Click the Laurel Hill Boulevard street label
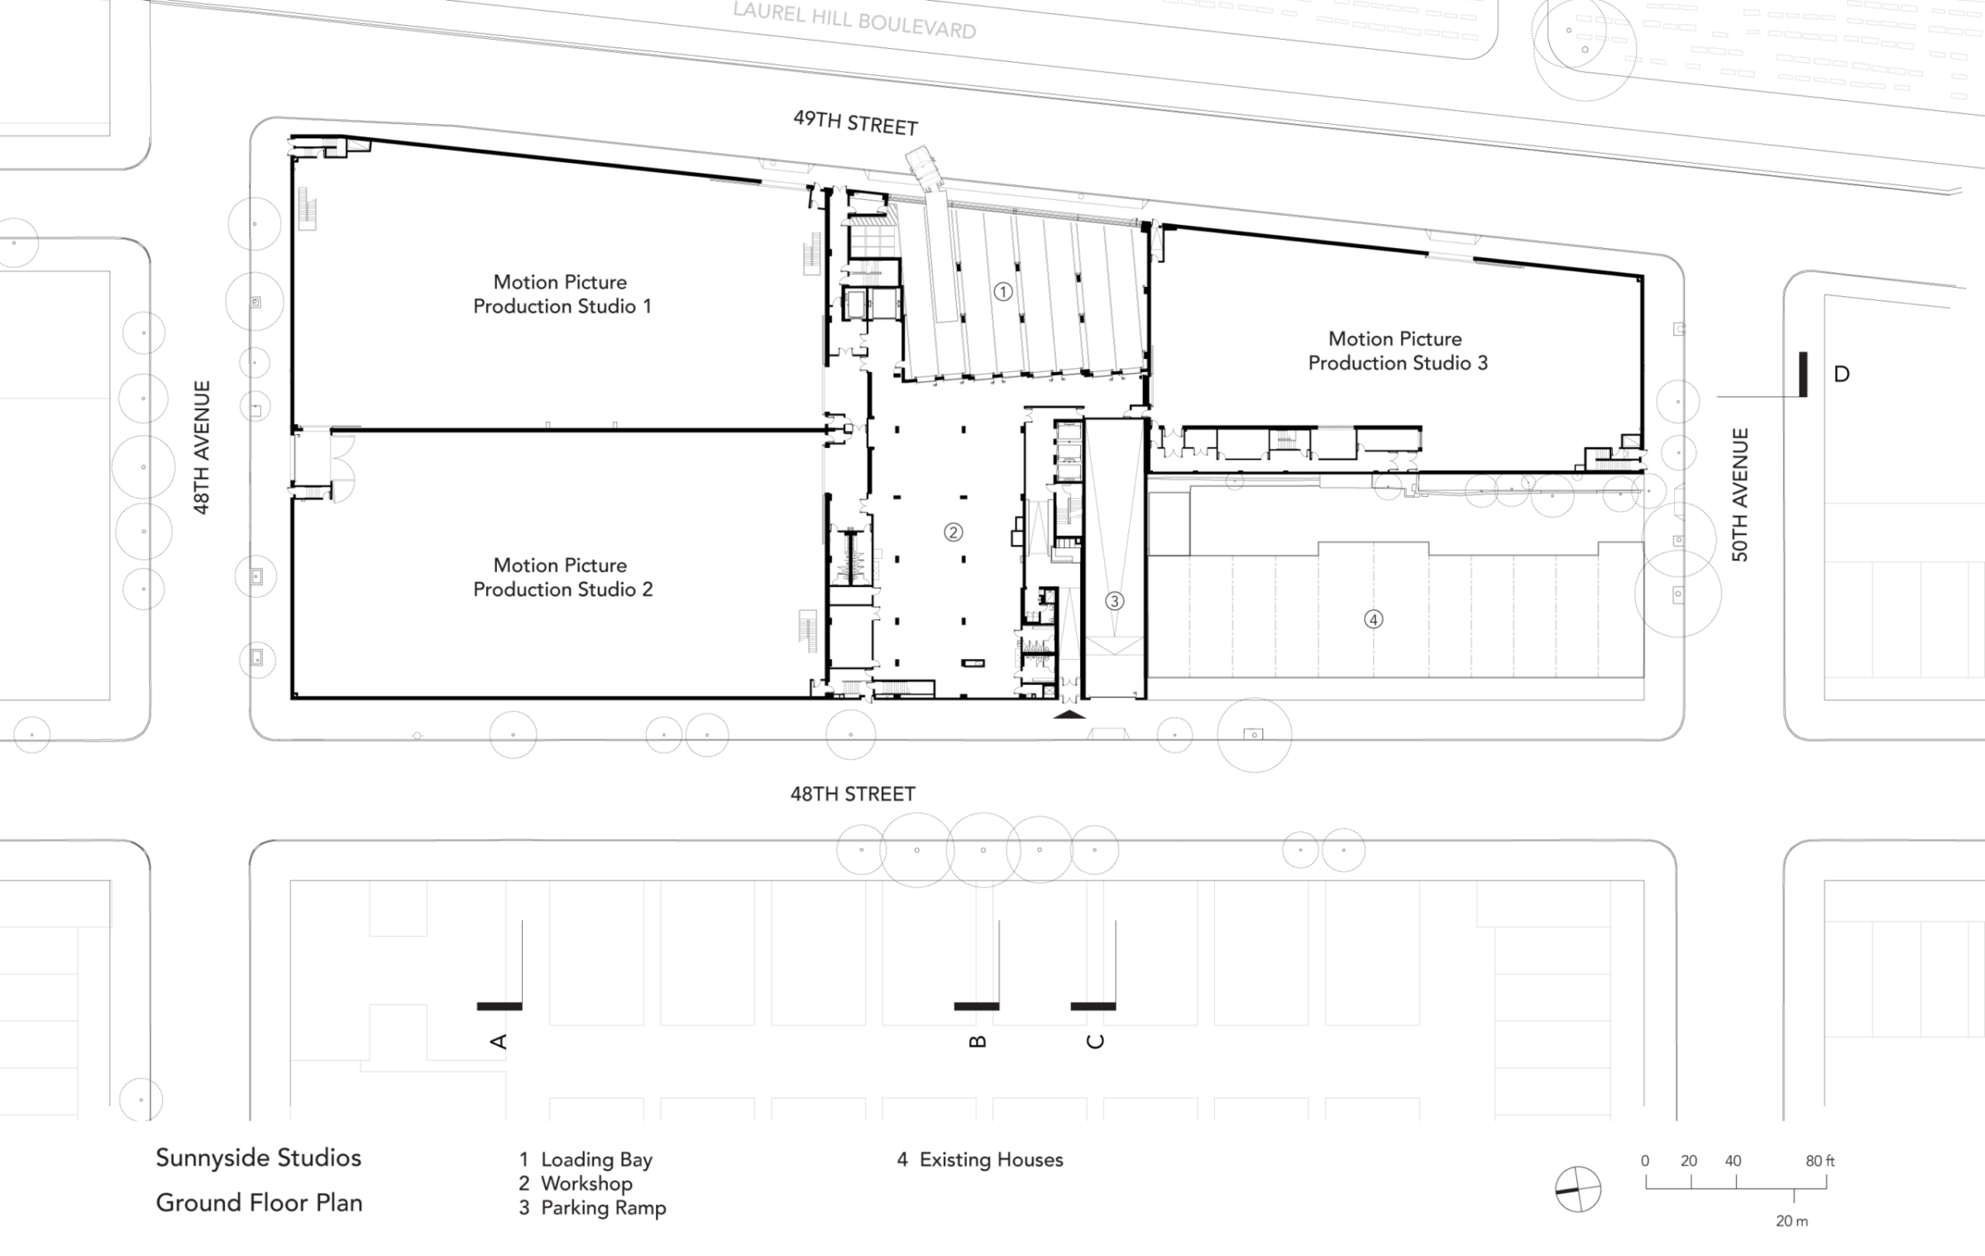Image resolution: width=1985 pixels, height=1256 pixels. (854, 21)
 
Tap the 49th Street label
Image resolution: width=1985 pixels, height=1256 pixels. (855, 123)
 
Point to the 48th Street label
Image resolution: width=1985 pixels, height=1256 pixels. (853, 794)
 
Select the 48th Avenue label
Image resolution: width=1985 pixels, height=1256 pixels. (202, 447)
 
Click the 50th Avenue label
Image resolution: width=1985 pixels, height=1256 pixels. (1740, 494)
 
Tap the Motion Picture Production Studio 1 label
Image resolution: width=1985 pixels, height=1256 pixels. (562, 294)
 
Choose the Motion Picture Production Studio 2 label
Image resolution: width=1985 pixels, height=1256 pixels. (562, 577)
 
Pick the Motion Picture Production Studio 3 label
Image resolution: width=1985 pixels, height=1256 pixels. (1398, 351)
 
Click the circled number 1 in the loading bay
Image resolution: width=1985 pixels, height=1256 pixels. (1002, 291)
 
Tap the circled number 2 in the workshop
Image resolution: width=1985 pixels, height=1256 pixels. (953, 532)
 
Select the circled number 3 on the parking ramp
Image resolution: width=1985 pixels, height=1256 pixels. (1114, 601)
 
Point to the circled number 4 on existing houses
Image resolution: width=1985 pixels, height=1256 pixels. (1373, 618)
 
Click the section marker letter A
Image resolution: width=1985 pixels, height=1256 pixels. (499, 1041)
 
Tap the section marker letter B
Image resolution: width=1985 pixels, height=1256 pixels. (977, 1041)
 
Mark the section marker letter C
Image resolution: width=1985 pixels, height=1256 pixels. (1095, 1041)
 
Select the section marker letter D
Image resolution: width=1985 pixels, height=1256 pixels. (1842, 375)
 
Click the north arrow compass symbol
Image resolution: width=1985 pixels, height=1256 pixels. (1577, 1189)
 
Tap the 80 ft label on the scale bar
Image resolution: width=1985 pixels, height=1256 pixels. (1820, 1161)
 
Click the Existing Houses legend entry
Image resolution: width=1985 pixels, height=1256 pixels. (980, 1160)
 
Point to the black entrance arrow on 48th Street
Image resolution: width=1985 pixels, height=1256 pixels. (1069, 714)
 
